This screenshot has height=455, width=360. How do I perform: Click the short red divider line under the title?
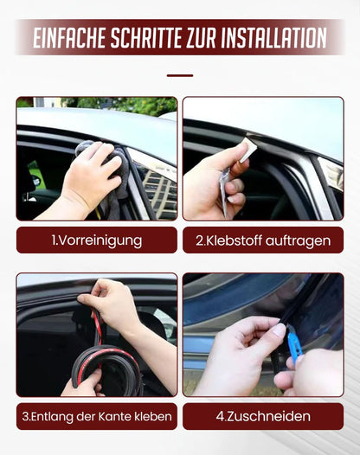point(179,75)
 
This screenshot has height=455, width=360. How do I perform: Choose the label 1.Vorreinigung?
point(96,240)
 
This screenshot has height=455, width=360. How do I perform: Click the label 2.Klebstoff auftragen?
point(262,240)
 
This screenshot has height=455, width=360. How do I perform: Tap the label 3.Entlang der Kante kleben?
point(96,416)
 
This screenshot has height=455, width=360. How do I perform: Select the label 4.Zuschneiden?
point(262,416)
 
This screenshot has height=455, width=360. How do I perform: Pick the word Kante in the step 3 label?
point(119,416)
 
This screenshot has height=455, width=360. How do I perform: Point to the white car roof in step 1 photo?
point(95,121)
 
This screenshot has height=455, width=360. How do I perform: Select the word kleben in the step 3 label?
point(153,416)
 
